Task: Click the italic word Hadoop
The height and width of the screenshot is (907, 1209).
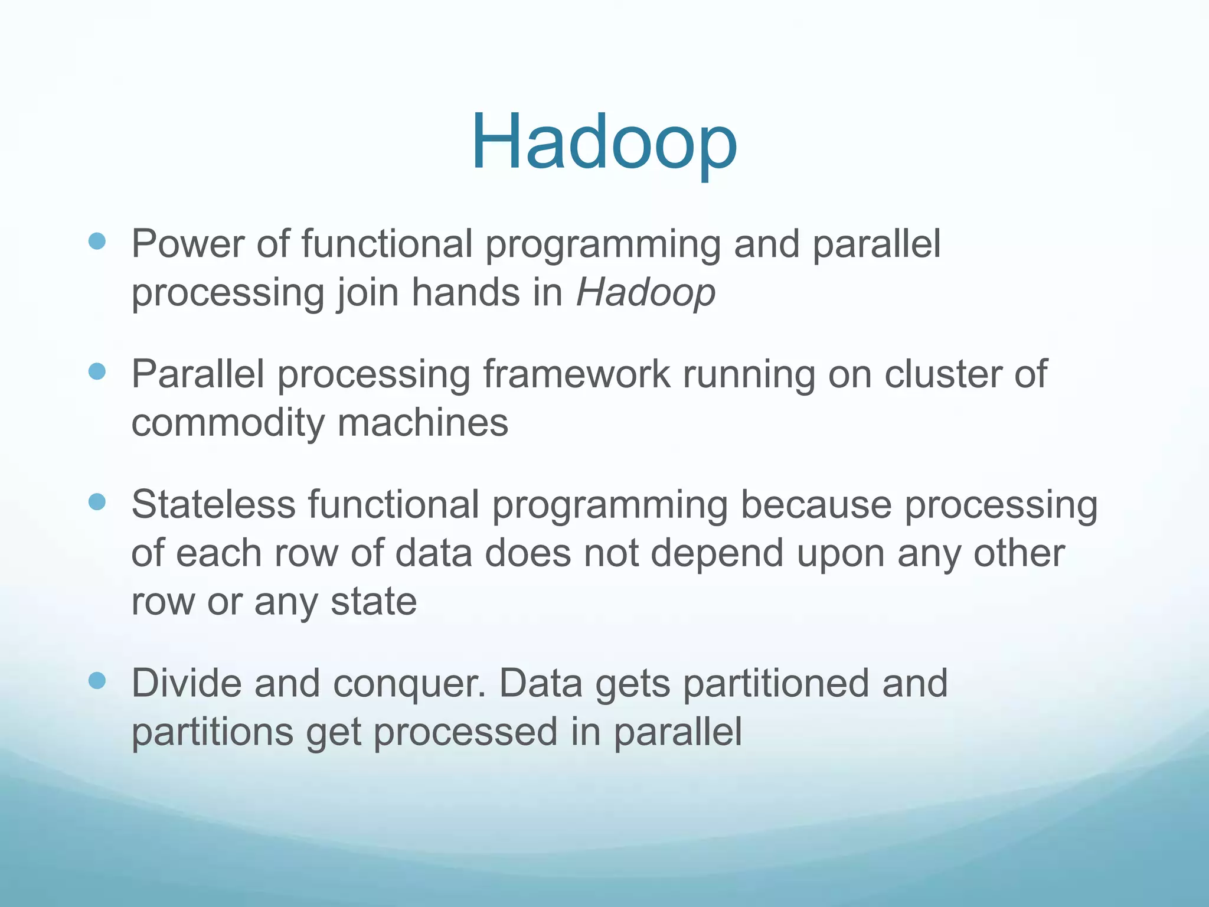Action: [645, 292]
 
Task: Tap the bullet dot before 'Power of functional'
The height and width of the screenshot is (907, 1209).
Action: [97, 241]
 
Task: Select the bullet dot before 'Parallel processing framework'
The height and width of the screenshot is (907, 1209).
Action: [97, 371]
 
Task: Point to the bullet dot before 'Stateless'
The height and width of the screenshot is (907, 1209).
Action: [97, 502]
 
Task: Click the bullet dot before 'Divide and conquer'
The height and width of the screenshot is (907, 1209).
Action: [97, 680]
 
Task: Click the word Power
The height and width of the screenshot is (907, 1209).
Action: [187, 243]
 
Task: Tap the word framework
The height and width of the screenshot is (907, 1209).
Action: [576, 374]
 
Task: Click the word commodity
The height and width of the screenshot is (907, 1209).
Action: [227, 423]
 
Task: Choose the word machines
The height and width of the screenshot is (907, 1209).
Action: [423, 423]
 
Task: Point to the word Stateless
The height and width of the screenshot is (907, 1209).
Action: [213, 505]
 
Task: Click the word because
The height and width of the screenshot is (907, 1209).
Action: [815, 505]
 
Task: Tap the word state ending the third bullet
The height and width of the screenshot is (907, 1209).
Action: [373, 602]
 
